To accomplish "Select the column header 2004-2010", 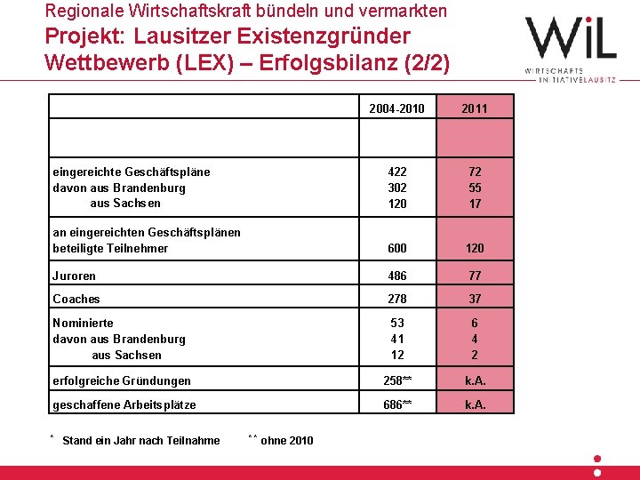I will tap(396, 109).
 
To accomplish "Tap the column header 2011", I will tap(475, 109).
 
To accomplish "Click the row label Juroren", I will tap(75, 276).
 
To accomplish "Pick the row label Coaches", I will tap(76, 300).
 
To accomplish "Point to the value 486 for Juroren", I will tap(397, 276).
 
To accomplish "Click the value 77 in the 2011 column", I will tap(475, 276).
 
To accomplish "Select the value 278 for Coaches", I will tap(397, 300).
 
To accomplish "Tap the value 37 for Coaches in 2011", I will tap(475, 300).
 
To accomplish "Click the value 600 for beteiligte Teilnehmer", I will tap(397, 249).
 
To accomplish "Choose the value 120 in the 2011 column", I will tap(475, 249).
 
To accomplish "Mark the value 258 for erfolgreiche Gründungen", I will tap(395, 381).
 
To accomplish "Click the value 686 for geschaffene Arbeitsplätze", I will tap(395, 405).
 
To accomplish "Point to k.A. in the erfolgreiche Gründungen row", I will tap(475, 381).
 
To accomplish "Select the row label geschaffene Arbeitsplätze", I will tap(124, 405).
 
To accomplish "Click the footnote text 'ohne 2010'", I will tap(287, 440).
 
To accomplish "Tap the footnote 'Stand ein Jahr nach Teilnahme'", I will tap(141, 440).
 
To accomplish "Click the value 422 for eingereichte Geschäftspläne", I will tap(397, 172).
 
